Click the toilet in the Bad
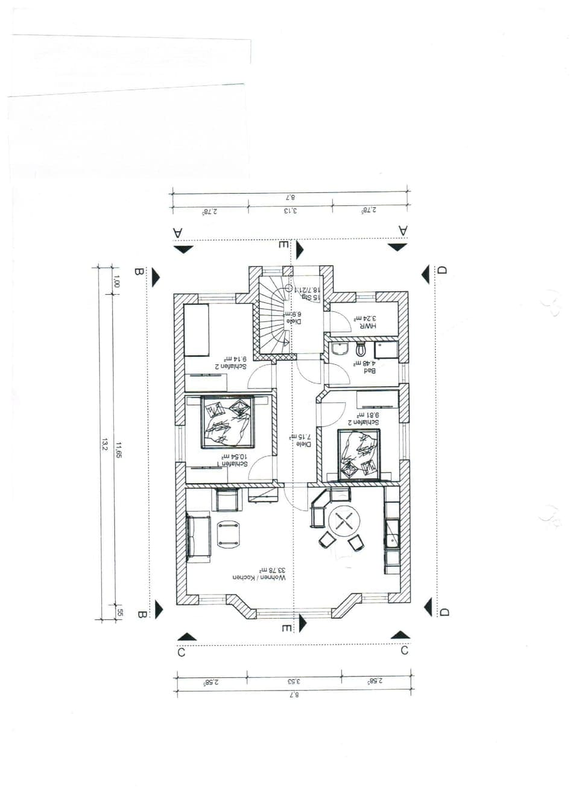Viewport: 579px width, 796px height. (361, 349)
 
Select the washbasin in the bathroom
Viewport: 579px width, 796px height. (339, 349)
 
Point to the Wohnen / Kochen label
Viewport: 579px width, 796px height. (260, 577)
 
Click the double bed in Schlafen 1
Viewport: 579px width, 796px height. (228, 422)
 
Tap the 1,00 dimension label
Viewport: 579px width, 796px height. (117, 281)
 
